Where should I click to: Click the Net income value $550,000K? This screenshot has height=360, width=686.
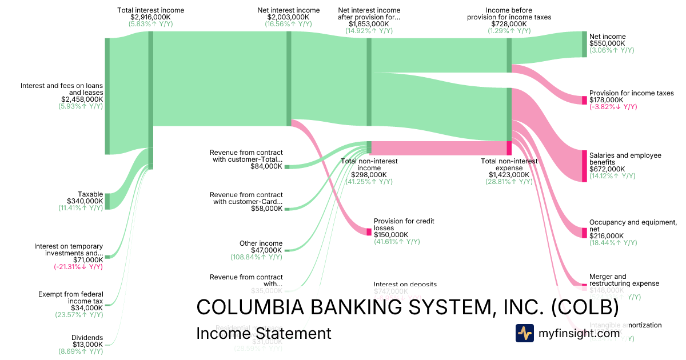[607, 43]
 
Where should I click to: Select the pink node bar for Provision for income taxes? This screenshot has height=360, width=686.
[584, 100]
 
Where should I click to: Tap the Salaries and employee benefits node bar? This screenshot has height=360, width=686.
[584, 166]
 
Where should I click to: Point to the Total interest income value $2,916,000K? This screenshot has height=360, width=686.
[150, 17]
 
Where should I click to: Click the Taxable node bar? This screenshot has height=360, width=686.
[107, 201]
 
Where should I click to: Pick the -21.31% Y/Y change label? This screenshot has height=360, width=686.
[78, 267]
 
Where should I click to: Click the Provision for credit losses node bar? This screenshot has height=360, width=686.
[369, 231]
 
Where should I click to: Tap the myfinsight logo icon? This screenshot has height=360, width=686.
[524, 333]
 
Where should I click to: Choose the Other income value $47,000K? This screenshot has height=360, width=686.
[266, 250]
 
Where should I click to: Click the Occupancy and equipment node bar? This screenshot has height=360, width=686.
[584, 229]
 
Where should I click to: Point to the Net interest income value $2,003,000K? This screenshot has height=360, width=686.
[288, 17]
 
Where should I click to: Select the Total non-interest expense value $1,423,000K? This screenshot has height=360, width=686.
[509, 175]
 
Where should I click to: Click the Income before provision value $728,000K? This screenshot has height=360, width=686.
[509, 24]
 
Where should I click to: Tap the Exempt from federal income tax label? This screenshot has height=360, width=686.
[71, 298]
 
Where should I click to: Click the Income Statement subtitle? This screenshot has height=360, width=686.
[264, 333]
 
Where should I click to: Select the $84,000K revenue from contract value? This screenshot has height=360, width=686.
[266, 166]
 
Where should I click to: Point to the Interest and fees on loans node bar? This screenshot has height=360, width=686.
[107, 96]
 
